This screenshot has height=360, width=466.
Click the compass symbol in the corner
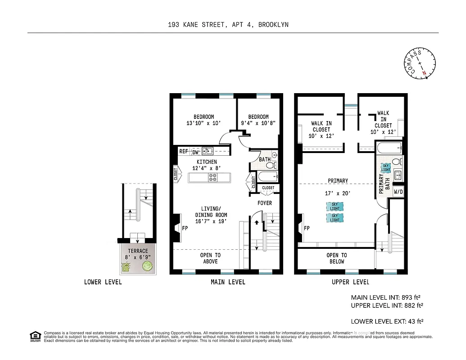point(420,64)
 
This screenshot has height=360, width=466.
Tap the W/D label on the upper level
point(398,192)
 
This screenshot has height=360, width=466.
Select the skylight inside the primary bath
point(386,168)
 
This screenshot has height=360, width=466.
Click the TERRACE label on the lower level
point(137,251)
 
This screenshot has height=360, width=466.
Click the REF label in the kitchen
point(184,152)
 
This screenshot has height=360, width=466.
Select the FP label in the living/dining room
point(185,228)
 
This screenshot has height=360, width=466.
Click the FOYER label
point(265,203)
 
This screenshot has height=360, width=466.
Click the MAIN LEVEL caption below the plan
point(228,282)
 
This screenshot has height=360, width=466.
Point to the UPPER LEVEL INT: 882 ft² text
point(387,306)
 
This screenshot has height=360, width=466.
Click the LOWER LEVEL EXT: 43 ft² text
point(387,321)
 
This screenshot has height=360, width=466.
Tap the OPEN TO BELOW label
point(336,258)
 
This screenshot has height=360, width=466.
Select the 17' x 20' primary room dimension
point(338,193)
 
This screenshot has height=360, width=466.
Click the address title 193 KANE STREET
point(228,25)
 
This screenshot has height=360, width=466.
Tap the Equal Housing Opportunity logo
point(35,335)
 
